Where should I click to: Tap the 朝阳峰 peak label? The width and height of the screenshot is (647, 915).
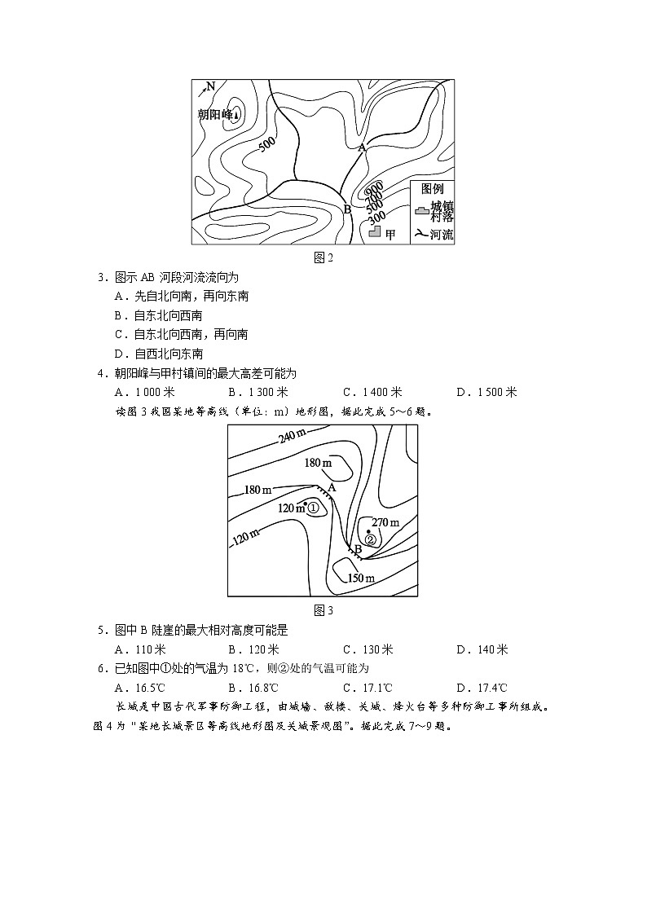[217, 115]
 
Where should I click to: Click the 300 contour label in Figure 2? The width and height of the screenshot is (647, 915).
[376, 218]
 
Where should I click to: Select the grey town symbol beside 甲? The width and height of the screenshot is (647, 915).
[376, 232]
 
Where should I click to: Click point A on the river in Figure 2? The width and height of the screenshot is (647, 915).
[362, 147]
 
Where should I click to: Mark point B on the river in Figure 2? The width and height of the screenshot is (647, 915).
[347, 209]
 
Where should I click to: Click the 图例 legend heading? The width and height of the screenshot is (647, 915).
[431, 188]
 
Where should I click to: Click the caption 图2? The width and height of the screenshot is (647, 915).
[323, 257]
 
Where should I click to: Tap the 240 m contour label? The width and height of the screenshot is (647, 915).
[292, 438]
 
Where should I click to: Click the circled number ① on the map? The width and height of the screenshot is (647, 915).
[315, 508]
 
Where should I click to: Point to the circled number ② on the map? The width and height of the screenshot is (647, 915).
[370, 539]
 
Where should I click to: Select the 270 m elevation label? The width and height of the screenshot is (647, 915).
[385, 522]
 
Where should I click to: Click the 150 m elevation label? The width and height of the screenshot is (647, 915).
[361, 578]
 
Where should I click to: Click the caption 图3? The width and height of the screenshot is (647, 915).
[323, 610]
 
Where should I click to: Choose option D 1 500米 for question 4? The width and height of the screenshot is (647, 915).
[486, 392]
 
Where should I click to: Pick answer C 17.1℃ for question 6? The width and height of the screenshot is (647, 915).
[369, 688]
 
